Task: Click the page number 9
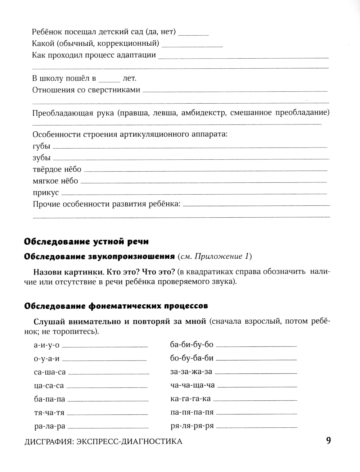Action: coord(328,441)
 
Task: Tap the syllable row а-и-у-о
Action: coord(46,345)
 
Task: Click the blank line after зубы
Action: coord(191,159)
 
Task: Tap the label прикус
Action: coord(45,192)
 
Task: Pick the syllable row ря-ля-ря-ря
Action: coord(192,426)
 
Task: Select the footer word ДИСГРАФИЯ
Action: coord(47,441)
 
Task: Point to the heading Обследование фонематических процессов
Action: coord(116,306)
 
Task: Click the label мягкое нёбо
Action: coord(55,181)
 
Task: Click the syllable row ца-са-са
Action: coord(49,386)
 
